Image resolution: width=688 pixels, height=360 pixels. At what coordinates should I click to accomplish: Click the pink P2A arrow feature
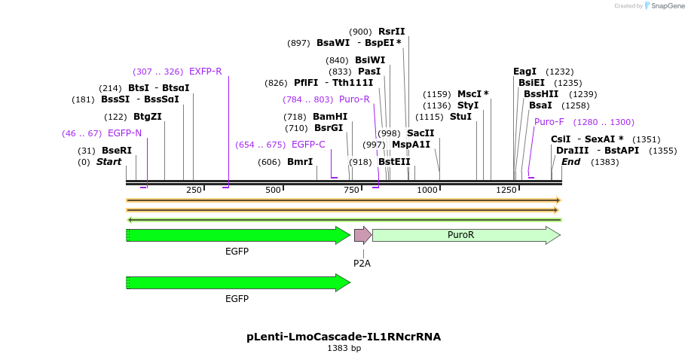362,235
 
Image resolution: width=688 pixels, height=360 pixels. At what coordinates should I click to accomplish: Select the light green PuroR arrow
465,235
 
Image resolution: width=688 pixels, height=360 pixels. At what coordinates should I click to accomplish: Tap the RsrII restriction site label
391,32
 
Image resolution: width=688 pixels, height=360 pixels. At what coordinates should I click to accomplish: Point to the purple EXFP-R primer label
205,72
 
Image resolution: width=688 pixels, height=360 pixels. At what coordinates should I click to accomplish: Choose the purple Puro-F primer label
549,122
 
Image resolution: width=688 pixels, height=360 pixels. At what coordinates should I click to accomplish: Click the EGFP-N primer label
124,133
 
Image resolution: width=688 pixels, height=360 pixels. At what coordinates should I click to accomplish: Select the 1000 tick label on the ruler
427,190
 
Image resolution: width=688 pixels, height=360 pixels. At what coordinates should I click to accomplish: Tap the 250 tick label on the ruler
194,190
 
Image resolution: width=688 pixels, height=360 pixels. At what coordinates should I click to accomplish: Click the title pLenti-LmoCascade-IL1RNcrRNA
344,337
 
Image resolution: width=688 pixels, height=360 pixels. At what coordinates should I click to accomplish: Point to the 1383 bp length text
344,349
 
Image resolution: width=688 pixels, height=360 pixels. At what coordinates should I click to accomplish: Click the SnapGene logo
663,6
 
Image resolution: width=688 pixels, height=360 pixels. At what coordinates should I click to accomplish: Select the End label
571,162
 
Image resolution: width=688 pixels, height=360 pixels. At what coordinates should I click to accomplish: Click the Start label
109,162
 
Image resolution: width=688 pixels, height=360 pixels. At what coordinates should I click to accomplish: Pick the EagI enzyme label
524,72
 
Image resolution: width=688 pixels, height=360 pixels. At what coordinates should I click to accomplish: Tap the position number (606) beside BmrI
269,162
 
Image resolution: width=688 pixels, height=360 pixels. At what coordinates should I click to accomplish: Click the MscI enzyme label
472,94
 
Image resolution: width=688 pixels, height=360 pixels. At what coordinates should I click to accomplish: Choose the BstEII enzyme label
394,162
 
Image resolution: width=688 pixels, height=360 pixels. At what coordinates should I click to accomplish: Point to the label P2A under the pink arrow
362,263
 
